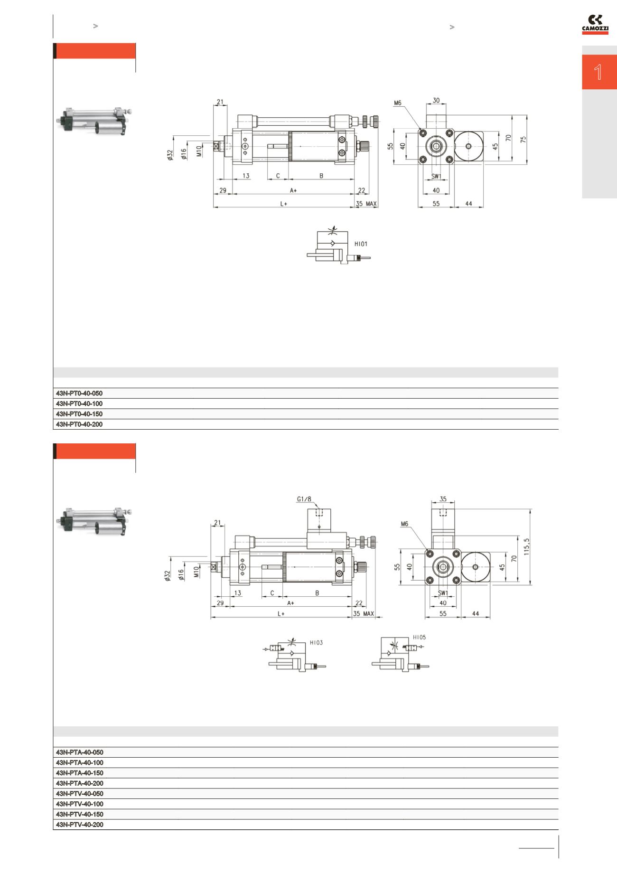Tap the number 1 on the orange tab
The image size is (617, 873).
point(598,72)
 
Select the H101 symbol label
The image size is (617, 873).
point(361,244)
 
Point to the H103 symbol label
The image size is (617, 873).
point(316,642)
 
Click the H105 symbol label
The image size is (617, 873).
point(419,637)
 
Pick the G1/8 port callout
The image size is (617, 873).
point(304,499)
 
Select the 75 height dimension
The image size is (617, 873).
point(523,140)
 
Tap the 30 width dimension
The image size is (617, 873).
point(436,100)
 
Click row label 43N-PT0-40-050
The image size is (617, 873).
point(79,394)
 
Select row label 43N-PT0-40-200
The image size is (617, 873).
point(79,424)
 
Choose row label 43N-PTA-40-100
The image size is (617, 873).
point(80,762)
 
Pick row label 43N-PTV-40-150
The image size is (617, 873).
point(80,814)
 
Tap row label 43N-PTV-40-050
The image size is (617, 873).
point(80,794)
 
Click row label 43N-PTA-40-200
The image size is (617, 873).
point(80,783)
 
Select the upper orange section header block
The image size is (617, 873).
point(94,51)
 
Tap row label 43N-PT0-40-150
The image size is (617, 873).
point(79,414)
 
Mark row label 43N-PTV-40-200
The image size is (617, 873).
point(80,825)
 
